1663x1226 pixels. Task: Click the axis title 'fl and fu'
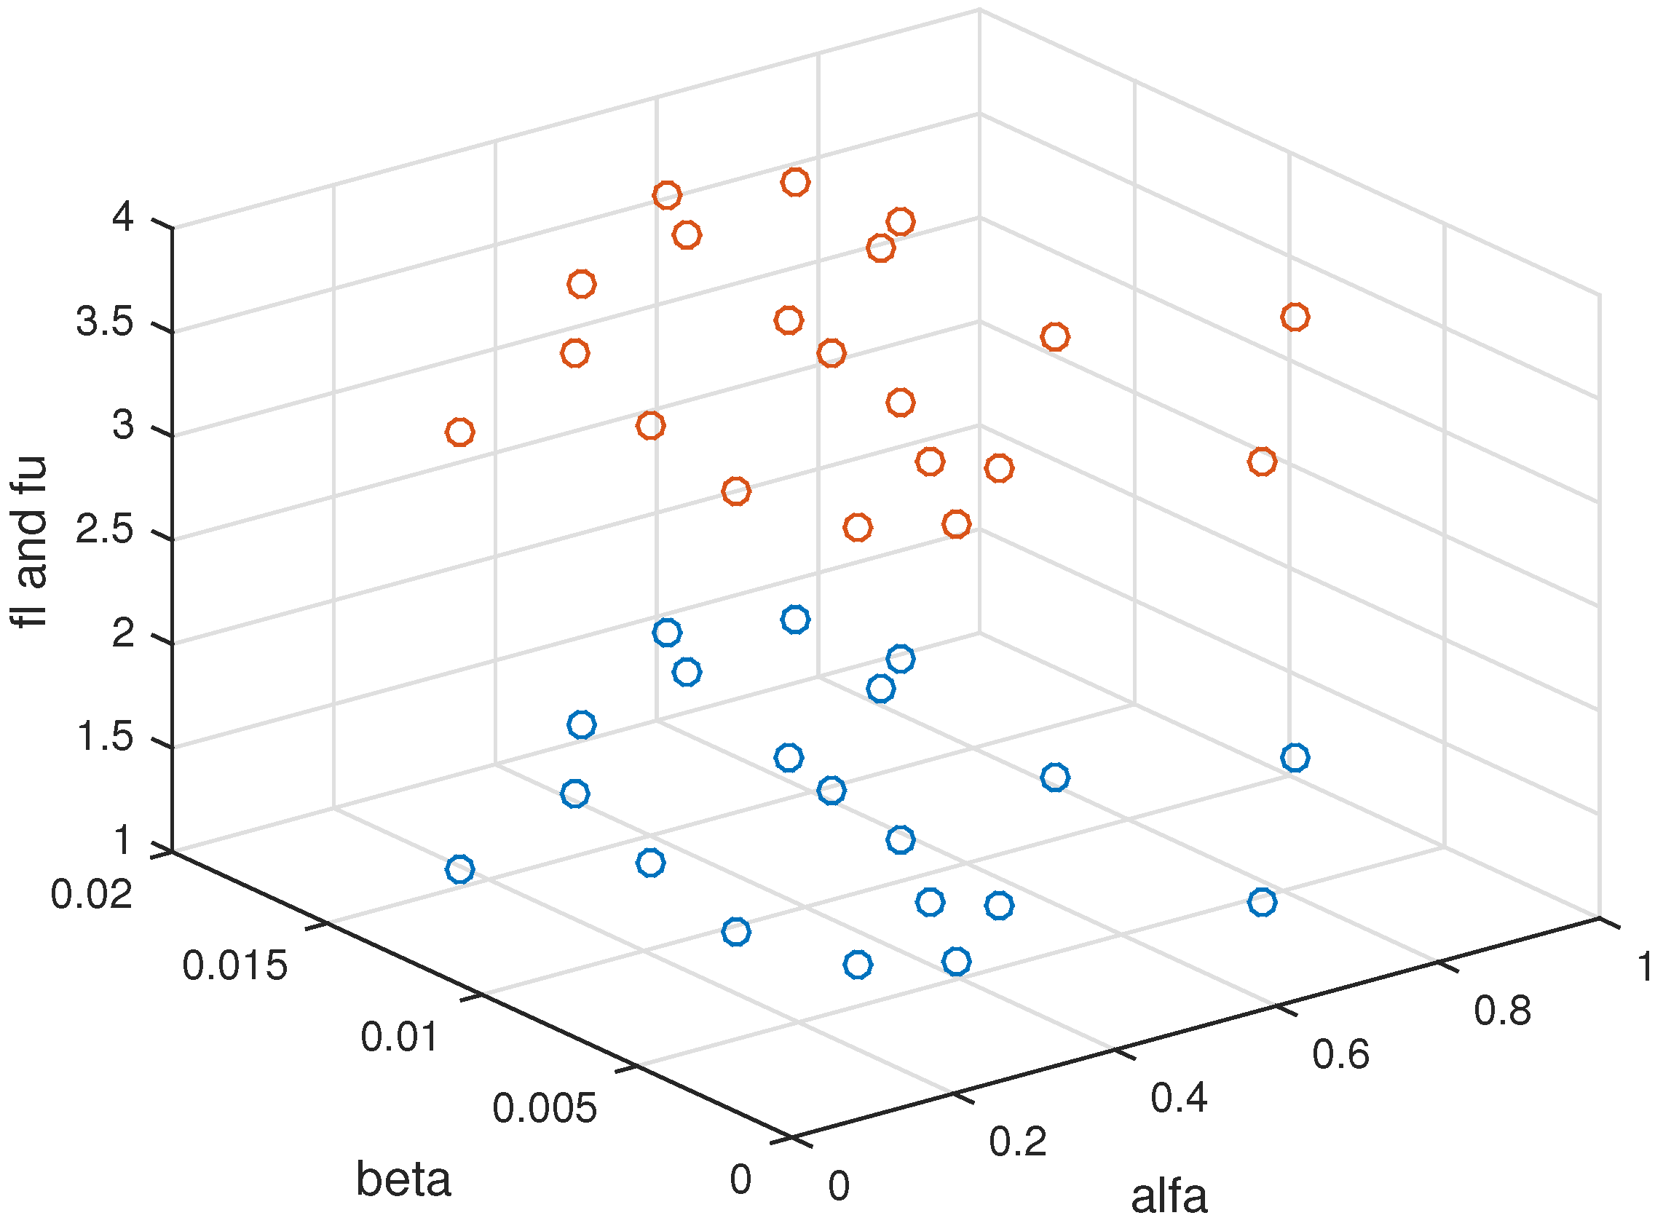point(30,542)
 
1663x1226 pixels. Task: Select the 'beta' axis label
point(403,1179)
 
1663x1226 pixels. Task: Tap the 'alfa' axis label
point(1169,1196)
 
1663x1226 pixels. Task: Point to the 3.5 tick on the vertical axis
point(105,322)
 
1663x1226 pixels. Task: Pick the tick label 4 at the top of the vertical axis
point(122,218)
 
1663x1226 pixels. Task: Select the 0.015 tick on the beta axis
point(234,965)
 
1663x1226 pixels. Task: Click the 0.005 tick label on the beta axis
point(544,1108)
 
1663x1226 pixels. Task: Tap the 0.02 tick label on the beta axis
point(91,893)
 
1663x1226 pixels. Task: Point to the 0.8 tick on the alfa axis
point(1502,1011)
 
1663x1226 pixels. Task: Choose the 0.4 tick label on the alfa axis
point(1179,1097)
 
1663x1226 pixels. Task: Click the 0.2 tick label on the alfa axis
point(1017,1142)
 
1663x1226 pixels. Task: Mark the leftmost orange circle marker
point(460,432)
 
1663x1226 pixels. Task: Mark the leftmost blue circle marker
point(460,869)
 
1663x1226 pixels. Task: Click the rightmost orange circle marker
point(1295,317)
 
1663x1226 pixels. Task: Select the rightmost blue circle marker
point(1295,758)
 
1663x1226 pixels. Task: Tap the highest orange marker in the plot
point(795,182)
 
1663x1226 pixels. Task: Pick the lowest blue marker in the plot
point(857,965)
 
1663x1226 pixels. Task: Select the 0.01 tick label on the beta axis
point(399,1037)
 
